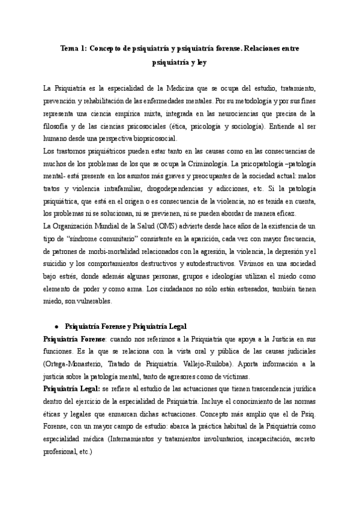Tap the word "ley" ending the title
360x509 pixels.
click(199, 61)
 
